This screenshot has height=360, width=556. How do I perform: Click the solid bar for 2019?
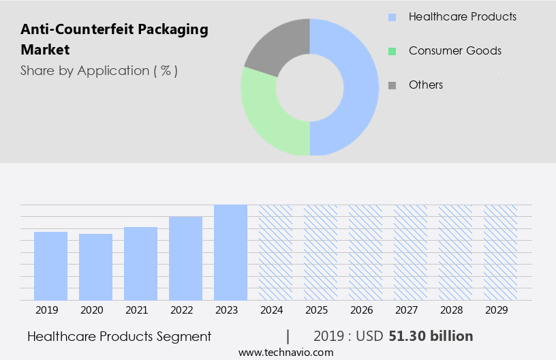[x=50, y=266]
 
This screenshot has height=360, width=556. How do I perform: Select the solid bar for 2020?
[x=95, y=267]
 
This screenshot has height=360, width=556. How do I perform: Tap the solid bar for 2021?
[x=140, y=263]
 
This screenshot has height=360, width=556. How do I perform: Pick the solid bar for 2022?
[x=185, y=258]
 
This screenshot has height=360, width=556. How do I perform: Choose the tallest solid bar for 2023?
[x=230, y=252]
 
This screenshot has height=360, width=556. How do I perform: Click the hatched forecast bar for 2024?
[x=275, y=252]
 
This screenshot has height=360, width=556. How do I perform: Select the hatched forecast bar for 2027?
[x=410, y=252]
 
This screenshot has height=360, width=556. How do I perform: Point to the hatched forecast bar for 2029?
[x=500, y=252]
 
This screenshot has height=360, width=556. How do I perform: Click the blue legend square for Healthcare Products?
[x=392, y=17]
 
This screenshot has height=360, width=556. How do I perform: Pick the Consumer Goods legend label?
[x=454, y=50]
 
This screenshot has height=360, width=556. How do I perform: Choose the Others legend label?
[x=425, y=85]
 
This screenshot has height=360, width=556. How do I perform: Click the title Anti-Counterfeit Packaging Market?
[x=114, y=39]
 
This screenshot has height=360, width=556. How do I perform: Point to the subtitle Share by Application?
[x=99, y=70]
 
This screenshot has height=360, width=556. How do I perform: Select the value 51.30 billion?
[x=431, y=336]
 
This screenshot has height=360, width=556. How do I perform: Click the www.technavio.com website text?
[x=285, y=352]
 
